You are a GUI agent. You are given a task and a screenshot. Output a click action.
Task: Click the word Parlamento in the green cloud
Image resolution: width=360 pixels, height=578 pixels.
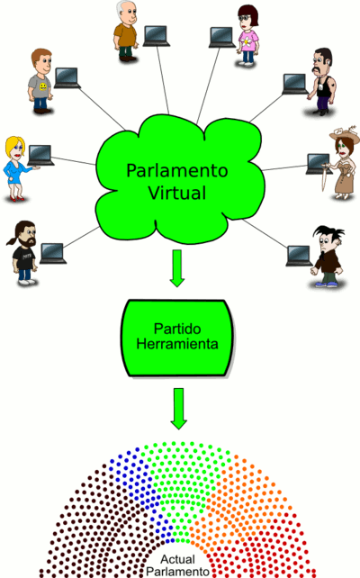(177, 171)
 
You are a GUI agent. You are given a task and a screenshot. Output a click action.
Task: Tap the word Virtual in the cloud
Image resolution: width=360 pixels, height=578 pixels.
(177, 193)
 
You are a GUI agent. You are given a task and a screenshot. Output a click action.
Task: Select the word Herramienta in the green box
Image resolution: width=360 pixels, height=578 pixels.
(177, 344)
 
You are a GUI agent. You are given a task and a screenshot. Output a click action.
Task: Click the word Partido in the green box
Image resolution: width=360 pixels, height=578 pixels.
(177, 329)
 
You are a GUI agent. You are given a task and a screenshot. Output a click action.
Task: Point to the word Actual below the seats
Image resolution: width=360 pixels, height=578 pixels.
(177, 559)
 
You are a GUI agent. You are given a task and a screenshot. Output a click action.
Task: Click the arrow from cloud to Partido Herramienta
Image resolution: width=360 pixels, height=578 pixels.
(177, 268)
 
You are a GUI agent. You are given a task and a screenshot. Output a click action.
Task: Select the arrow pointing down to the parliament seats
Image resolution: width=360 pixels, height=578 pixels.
(179, 409)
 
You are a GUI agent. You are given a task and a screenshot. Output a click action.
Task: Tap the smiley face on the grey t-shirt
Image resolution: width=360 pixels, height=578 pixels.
(43, 86)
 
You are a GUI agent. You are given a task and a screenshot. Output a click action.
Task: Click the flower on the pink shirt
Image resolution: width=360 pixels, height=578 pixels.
(246, 41)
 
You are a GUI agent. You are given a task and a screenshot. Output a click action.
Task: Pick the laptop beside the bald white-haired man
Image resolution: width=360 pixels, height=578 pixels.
(157, 36)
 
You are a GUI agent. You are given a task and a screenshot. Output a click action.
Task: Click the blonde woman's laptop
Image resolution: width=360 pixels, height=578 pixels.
(40, 155)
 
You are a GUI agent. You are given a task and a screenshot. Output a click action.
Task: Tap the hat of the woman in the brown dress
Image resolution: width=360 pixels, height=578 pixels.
(345, 134)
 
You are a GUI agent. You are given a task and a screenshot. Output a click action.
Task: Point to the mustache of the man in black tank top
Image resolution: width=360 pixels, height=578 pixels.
(317, 69)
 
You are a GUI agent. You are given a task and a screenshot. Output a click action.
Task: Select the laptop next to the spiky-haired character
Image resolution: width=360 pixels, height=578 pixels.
(300, 256)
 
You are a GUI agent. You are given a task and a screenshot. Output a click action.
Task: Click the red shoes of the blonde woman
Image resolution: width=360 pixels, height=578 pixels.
(15, 199)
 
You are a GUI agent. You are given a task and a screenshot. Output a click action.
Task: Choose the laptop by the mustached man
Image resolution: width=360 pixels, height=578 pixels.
(295, 85)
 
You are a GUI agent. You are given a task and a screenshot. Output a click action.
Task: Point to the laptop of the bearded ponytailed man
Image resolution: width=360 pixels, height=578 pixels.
(53, 254)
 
